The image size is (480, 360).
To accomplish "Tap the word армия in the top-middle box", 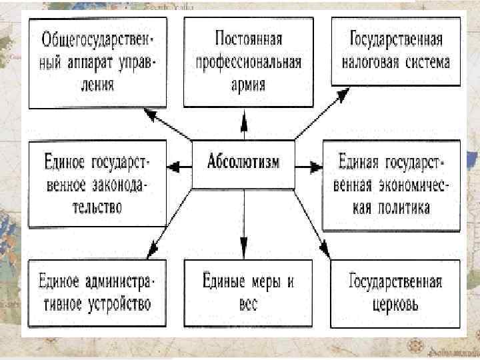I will click(248, 85).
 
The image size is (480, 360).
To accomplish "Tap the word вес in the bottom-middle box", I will click(247, 305).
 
